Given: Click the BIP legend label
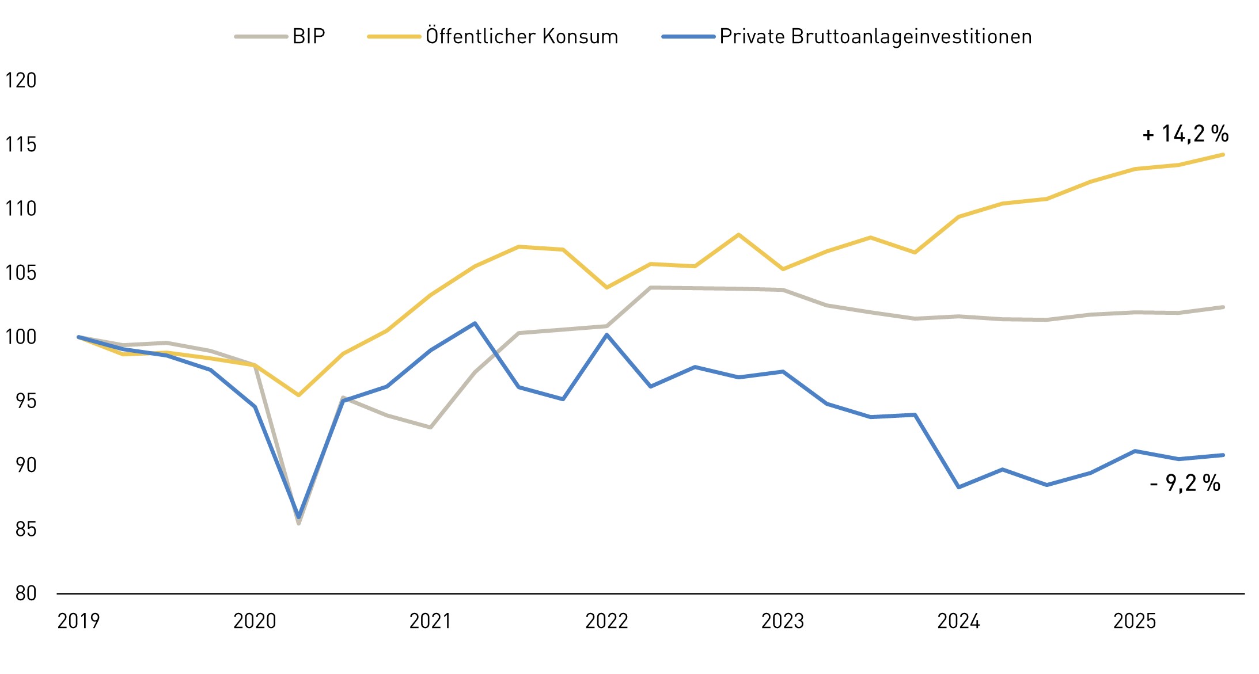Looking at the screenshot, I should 309,36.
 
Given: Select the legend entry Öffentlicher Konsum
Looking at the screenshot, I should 521,36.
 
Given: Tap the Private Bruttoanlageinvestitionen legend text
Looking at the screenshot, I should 875,36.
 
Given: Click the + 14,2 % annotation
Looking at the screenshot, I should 1185,134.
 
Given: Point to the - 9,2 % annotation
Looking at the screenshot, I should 1185,483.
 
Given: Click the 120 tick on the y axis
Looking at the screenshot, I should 21,80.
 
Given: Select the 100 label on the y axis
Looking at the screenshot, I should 21,337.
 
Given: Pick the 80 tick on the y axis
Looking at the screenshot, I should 26,593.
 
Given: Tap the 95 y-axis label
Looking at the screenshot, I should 26,401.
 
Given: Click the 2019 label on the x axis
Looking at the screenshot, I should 78,621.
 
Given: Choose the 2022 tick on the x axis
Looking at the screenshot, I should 606,621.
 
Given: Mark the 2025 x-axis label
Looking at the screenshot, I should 1134,621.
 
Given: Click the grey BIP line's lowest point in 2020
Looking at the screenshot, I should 298,523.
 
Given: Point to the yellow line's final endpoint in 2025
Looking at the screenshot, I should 1223,154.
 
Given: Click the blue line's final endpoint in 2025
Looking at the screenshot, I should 1223,455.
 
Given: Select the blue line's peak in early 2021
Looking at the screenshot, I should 475,323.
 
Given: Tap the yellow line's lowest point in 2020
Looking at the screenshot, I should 298,395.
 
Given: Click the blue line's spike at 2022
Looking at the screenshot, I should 606,334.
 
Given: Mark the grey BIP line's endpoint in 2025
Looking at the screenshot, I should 1223,307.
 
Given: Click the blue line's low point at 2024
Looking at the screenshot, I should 958,488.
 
